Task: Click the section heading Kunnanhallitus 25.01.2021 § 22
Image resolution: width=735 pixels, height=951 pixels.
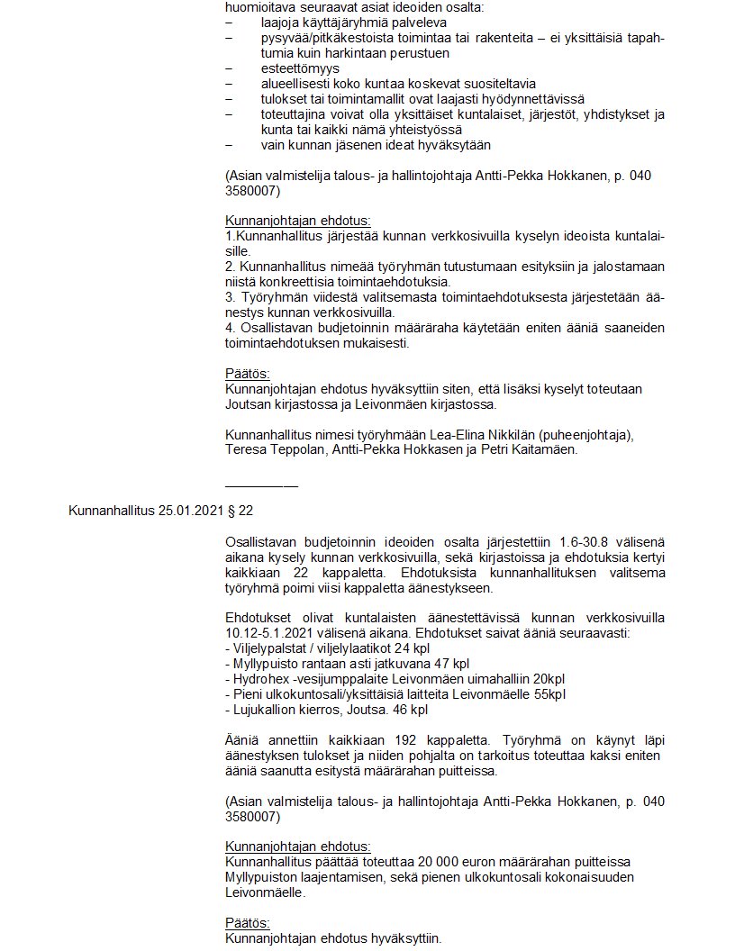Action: [x=161, y=511]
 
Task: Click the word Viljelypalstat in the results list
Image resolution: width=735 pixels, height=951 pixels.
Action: [x=266, y=648]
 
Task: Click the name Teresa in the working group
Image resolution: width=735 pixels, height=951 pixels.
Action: [x=246, y=450]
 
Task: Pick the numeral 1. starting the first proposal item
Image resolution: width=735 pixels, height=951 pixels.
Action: [x=229, y=236]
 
